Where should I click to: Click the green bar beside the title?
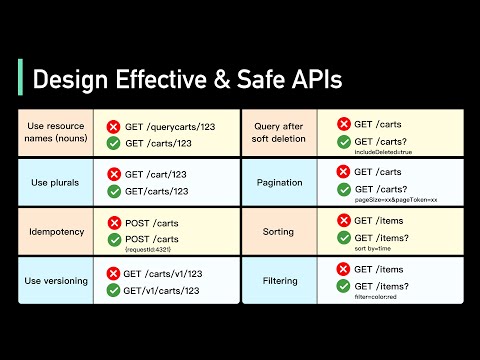20,78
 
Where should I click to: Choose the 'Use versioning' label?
56,282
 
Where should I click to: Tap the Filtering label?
279,282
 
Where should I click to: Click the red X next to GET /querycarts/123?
114,126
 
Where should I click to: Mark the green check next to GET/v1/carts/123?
114,291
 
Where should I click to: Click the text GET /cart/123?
157,174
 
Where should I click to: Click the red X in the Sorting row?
343,220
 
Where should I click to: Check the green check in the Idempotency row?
114,239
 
